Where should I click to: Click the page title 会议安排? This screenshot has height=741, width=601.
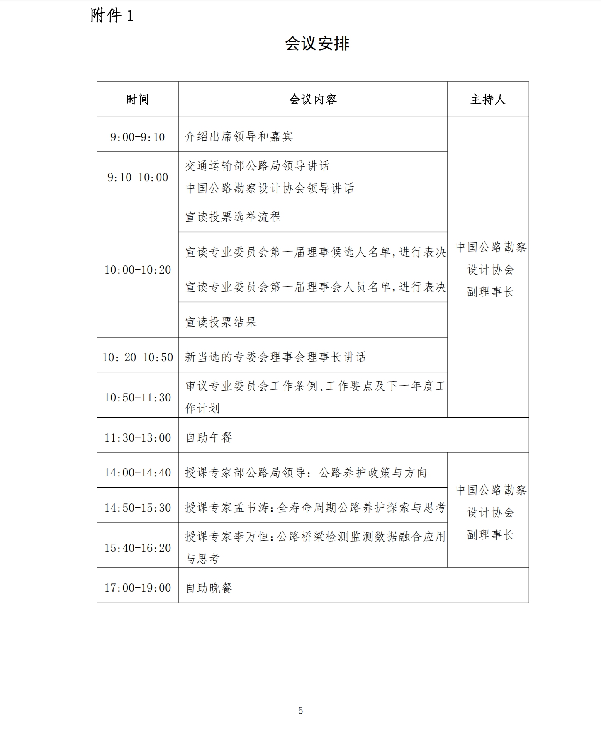click(x=317, y=44)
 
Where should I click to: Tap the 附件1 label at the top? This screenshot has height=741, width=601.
click(x=112, y=16)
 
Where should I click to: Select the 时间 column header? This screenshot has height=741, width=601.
click(x=138, y=100)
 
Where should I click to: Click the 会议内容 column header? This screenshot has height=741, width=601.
click(x=313, y=100)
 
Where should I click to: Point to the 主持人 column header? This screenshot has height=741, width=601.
click(x=488, y=100)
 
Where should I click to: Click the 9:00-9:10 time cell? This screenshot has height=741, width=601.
click(x=138, y=137)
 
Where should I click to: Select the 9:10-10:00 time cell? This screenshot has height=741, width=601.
click(x=138, y=177)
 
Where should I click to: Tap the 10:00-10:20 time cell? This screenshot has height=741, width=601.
click(x=138, y=270)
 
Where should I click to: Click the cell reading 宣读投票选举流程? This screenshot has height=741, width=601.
click(x=233, y=217)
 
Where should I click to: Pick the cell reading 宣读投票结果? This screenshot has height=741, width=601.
click(x=221, y=322)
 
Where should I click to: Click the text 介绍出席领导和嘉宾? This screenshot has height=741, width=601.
click(x=239, y=137)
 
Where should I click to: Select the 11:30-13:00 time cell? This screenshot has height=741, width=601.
click(x=138, y=438)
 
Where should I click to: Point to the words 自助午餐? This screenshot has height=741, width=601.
click(x=209, y=437)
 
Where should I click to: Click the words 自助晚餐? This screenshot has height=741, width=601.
click(x=209, y=588)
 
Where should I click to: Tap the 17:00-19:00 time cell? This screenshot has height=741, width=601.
click(x=138, y=588)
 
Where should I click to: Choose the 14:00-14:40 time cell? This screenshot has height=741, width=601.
click(x=138, y=473)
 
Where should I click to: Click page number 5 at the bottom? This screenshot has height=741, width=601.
click(x=300, y=711)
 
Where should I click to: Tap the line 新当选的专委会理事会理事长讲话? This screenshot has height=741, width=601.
click(x=275, y=357)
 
